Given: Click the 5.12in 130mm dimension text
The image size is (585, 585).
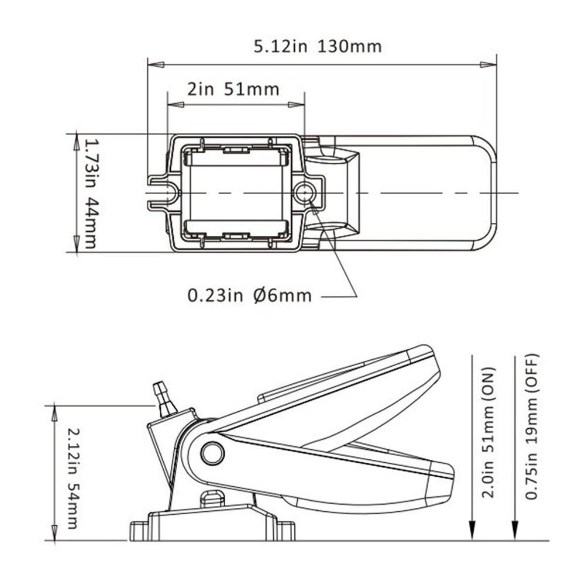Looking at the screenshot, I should click(318, 46).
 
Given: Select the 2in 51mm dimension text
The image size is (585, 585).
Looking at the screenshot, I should click(233, 90).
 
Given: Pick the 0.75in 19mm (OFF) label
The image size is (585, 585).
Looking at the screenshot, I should click(531, 427).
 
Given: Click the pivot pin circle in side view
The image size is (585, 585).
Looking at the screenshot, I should click(212, 453).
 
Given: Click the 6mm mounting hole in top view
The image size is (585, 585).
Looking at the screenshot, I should click(304, 192).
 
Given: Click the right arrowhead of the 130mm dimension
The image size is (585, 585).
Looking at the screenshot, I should click(489, 64).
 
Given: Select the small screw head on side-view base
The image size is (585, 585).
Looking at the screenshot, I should click(212, 498).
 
